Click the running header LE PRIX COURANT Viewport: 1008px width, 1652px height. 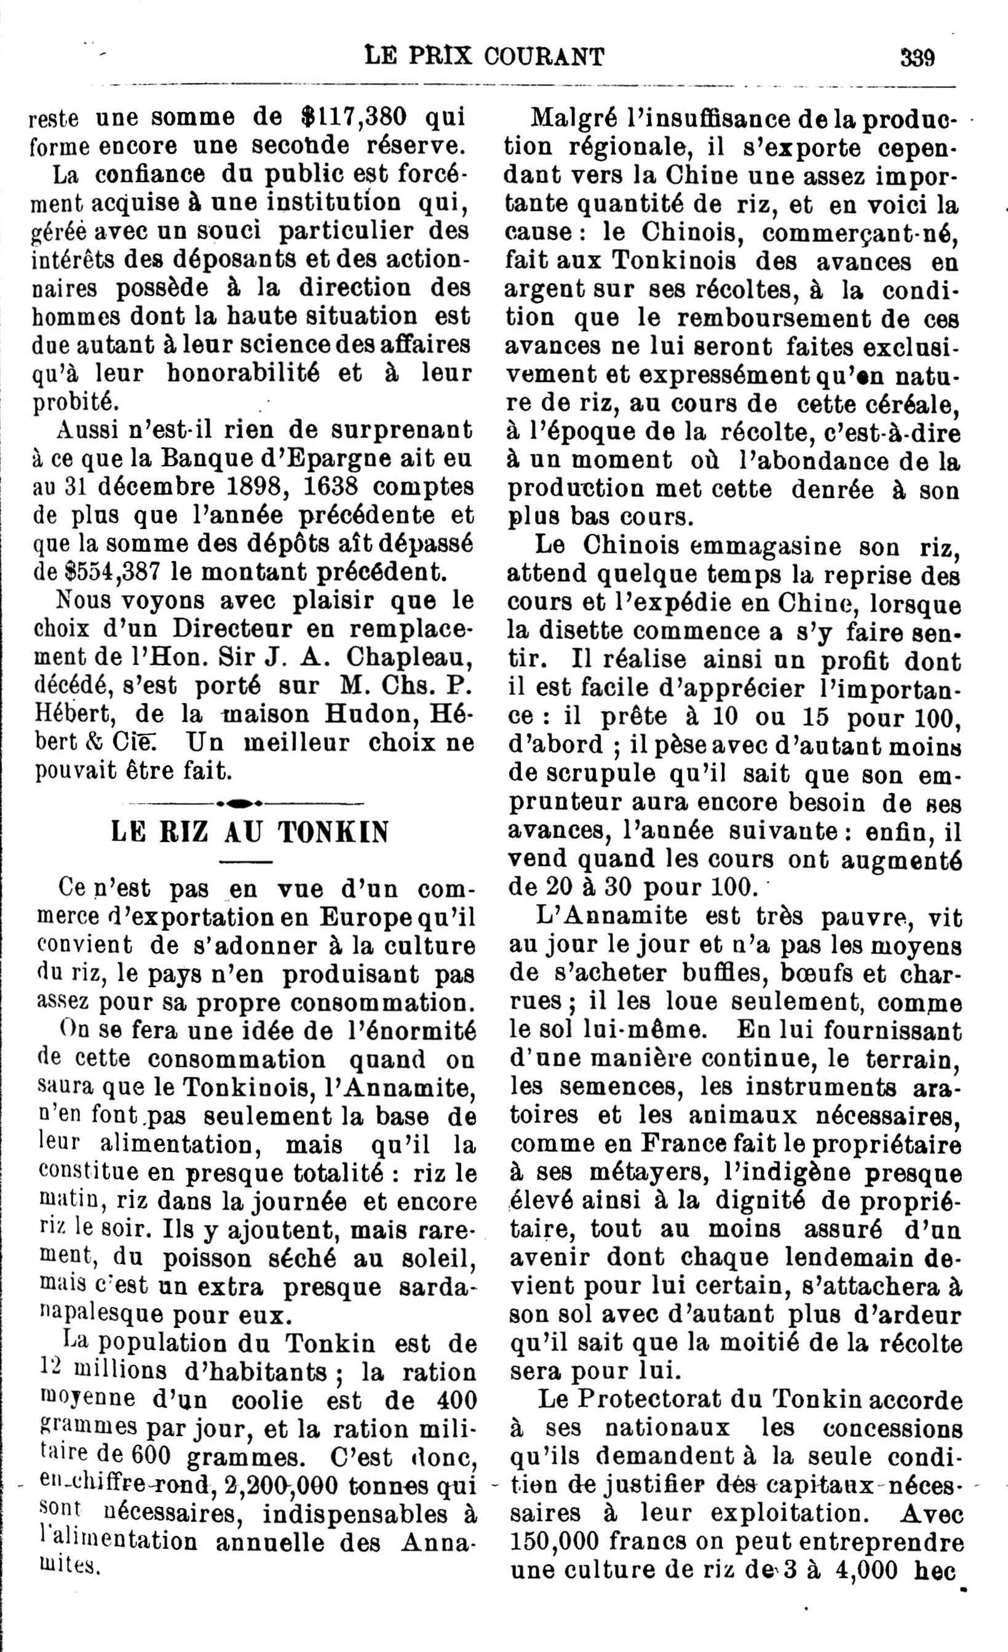pyautogui.click(x=484, y=57)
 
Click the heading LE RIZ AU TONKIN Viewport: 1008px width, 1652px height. pyautogui.click(x=250, y=833)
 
